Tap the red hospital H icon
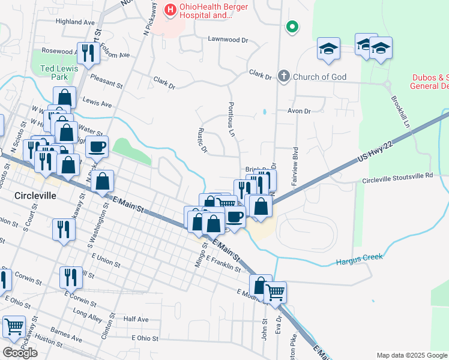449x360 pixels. pos(170,10)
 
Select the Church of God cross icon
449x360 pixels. pos(283,76)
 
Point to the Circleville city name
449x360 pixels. pos(35,196)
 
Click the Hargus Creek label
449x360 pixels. pos(359,261)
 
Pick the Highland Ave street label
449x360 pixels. pos(76,22)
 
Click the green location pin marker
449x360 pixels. pos(292,27)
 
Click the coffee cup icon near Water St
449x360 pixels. pos(97,146)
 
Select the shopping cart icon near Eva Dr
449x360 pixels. pos(276,292)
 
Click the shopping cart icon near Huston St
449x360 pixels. pos(14,326)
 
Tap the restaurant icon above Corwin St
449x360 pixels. pos(71,277)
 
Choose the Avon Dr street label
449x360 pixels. pos(299,111)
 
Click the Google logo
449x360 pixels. pos(20,353)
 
